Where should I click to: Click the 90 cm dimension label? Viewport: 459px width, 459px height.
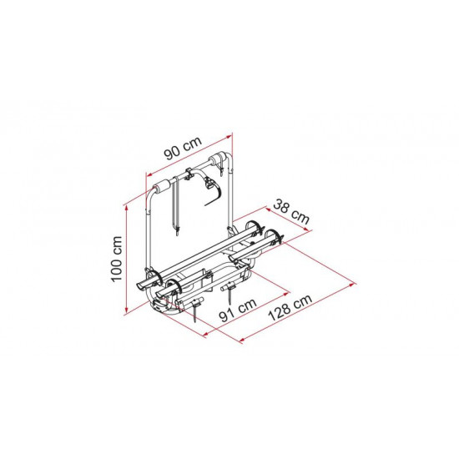(183, 149)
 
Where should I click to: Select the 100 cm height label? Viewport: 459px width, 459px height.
(117, 259)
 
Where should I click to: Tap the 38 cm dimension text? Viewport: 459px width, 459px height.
(291, 212)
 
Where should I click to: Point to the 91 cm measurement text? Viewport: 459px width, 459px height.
(238, 310)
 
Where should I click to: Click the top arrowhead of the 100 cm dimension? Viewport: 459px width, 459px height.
(127, 207)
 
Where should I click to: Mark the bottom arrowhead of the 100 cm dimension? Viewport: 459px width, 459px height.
(127, 311)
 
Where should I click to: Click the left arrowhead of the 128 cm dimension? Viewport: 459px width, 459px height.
(242, 340)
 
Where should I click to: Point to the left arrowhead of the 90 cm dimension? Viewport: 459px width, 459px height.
(149, 175)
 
